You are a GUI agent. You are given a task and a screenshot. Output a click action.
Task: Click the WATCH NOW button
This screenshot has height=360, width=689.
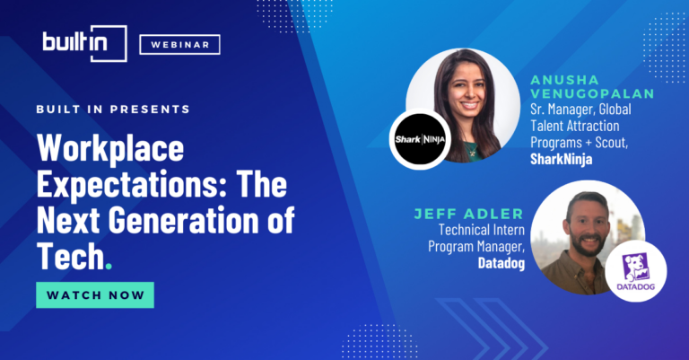[94, 294]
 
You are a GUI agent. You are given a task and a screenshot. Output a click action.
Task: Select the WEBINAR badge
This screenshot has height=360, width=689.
[179, 45]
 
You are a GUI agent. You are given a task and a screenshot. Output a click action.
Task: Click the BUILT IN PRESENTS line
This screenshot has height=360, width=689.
[113, 109]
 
